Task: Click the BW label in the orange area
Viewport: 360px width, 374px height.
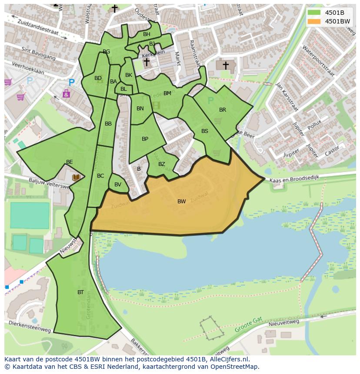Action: coord(181,201)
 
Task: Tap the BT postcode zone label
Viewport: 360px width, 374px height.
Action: coord(80,292)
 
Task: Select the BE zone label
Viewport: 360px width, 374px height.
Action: coord(70,162)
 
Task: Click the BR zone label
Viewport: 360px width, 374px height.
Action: coord(223,110)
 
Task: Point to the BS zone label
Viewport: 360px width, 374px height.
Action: coord(204,131)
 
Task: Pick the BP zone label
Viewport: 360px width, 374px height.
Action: coord(145,139)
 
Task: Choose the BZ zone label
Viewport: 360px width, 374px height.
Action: coord(161,164)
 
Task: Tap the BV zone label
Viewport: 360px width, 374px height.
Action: coord(118,185)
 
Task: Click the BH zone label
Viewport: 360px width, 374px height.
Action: coord(147,34)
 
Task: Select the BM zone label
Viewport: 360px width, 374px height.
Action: coord(167,93)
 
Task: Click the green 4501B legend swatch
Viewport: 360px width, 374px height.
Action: coord(313,12)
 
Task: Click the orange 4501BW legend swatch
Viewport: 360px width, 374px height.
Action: coord(313,21)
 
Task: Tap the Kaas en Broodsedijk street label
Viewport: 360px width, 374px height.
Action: coord(294,179)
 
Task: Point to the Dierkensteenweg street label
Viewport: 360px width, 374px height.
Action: coord(29,327)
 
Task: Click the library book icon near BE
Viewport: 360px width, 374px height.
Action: coord(76,177)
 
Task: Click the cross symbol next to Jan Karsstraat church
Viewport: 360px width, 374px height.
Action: coord(226,65)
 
